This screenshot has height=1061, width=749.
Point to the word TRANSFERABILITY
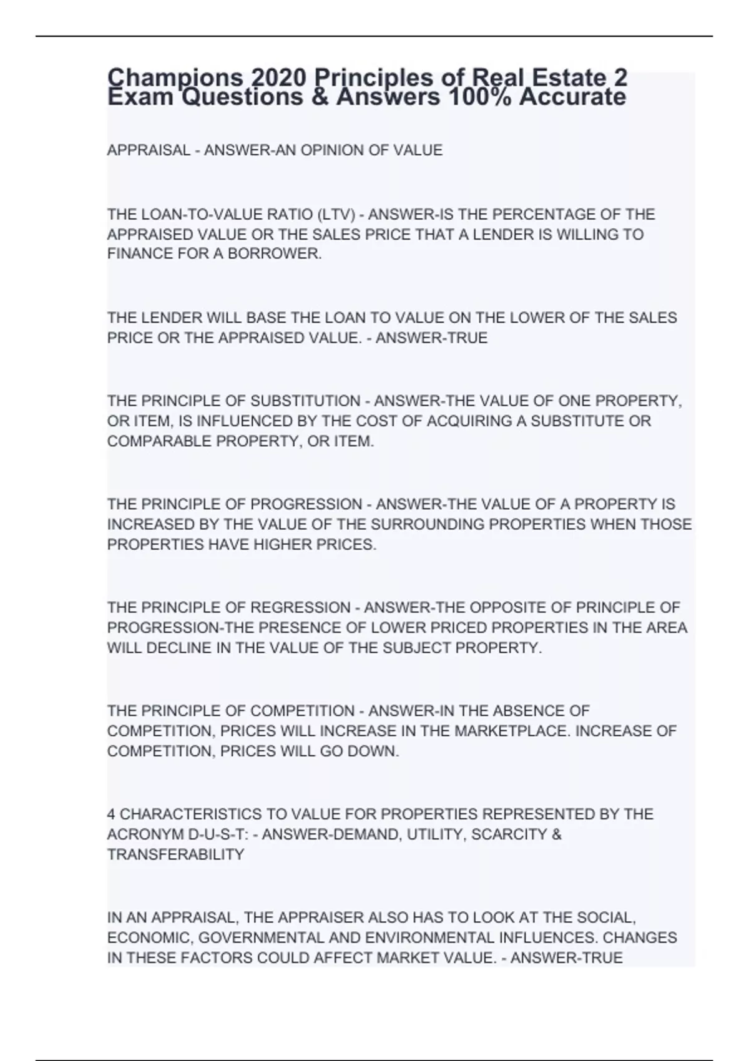pos(175,854)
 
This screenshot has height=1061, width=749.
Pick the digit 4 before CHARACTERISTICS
pos(111,814)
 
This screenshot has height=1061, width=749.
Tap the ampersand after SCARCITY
pos(557,834)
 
